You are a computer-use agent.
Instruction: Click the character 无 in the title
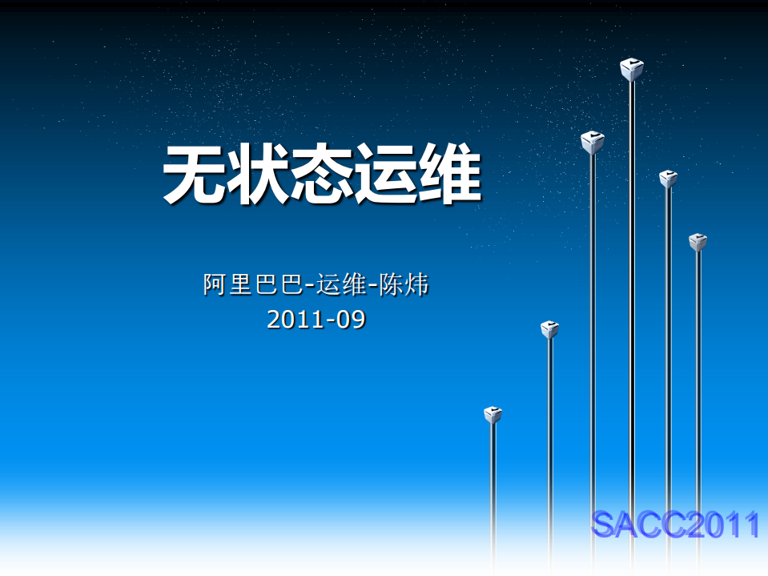click(x=194, y=175)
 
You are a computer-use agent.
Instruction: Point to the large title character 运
click(x=386, y=175)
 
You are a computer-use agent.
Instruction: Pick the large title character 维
click(x=450, y=175)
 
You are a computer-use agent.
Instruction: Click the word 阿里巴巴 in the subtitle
click(x=253, y=284)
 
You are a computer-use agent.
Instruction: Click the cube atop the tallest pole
click(x=632, y=70)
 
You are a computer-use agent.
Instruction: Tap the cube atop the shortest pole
click(x=493, y=415)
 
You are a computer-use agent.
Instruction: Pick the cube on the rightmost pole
click(x=698, y=242)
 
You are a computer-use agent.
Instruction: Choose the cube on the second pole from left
click(x=549, y=329)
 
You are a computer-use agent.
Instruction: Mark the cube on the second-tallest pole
click(x=593, y=143)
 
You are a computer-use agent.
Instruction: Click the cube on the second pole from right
click(x=668, y=179)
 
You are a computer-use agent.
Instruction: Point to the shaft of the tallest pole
click(x=632, y=320)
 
